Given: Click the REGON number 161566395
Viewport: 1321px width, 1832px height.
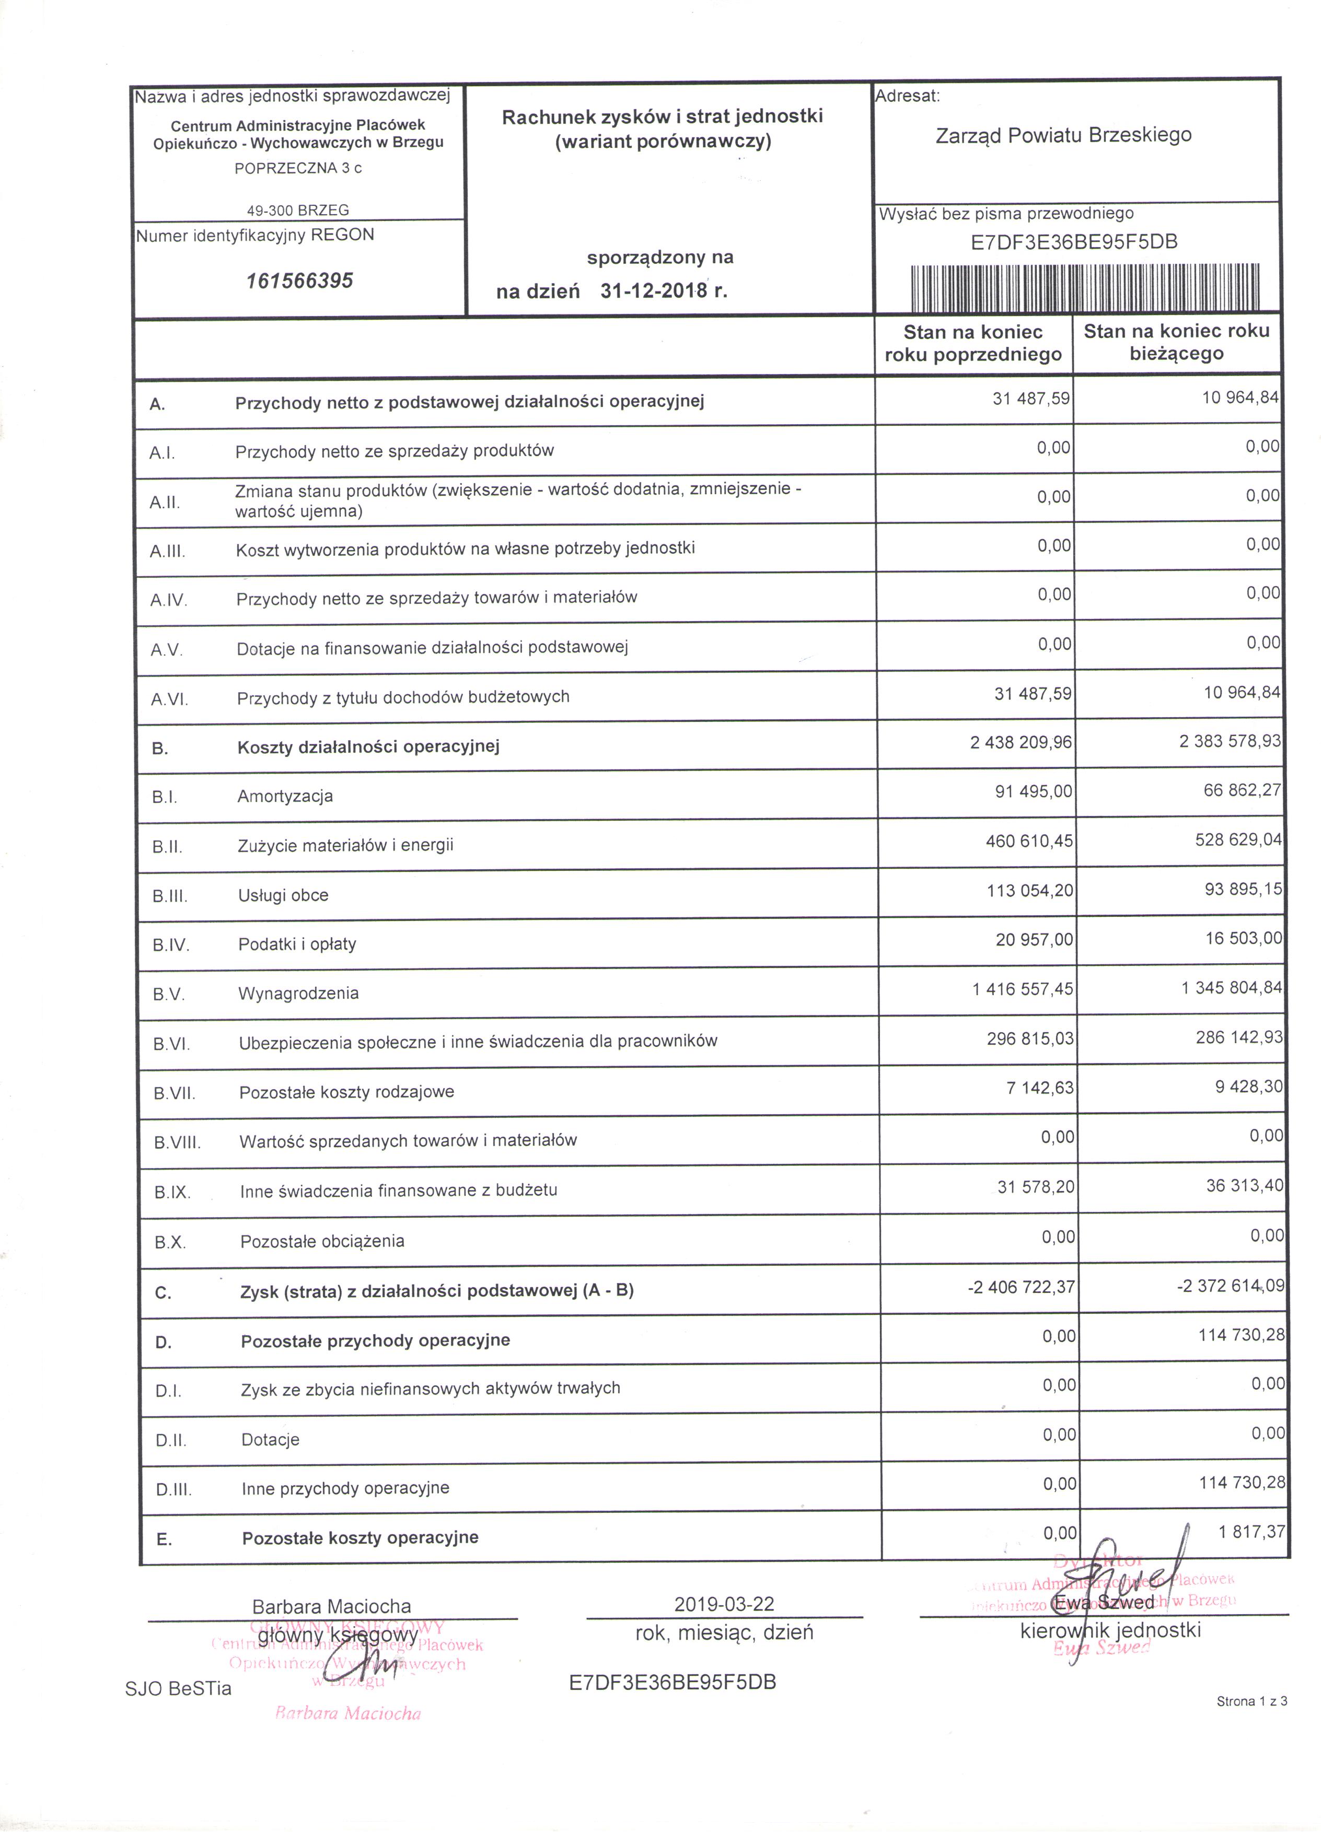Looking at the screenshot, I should click(x=300, y=281).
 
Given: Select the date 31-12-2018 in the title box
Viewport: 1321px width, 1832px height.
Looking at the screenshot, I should click(x=654, y=291).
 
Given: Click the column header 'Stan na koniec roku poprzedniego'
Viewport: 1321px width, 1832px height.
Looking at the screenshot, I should click(x=973, y=343).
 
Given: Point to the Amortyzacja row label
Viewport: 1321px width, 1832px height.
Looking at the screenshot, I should click(x=285, y=797).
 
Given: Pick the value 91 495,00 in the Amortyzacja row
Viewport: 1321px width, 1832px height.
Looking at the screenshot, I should click(x=1034, y=791).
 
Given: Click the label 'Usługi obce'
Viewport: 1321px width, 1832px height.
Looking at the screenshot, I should click(x=284, y=895).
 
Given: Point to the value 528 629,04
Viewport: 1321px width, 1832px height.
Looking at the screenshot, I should click(x=1238, y=840).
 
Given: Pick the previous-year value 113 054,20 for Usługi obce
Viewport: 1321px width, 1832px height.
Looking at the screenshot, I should click(x=1030, y=890).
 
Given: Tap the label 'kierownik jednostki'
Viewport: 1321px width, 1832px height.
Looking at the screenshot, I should click(x=1110, y=1630).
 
